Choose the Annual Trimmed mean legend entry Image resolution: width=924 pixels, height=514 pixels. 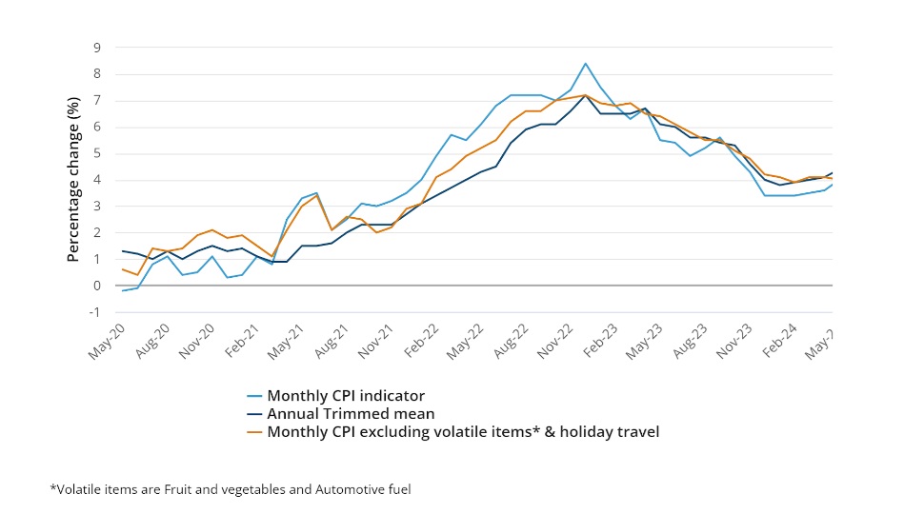[x=351, y=414]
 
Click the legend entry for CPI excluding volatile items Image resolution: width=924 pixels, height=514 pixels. [x=463, y=432]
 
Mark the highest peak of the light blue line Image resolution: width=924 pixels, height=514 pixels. [x=585, y=64]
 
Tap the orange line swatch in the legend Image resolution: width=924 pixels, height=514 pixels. [x=254, y=432]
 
